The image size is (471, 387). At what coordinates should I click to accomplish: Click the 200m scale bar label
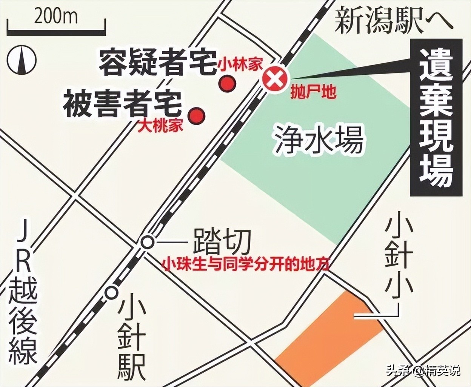[x=55, y=17]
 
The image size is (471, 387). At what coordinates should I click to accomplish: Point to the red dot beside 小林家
[x=228, y=83]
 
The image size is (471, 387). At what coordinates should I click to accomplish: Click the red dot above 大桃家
[x=197, y=114]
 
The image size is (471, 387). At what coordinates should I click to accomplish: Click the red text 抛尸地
[x=313, y=92]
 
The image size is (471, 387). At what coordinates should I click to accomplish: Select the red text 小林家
[x=240, y=64]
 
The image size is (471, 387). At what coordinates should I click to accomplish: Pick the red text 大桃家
[x=161, y=126]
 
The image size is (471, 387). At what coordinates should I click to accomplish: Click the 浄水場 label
[x=319, y=140]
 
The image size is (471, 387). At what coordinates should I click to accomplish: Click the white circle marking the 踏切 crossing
[x=147, y=242]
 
